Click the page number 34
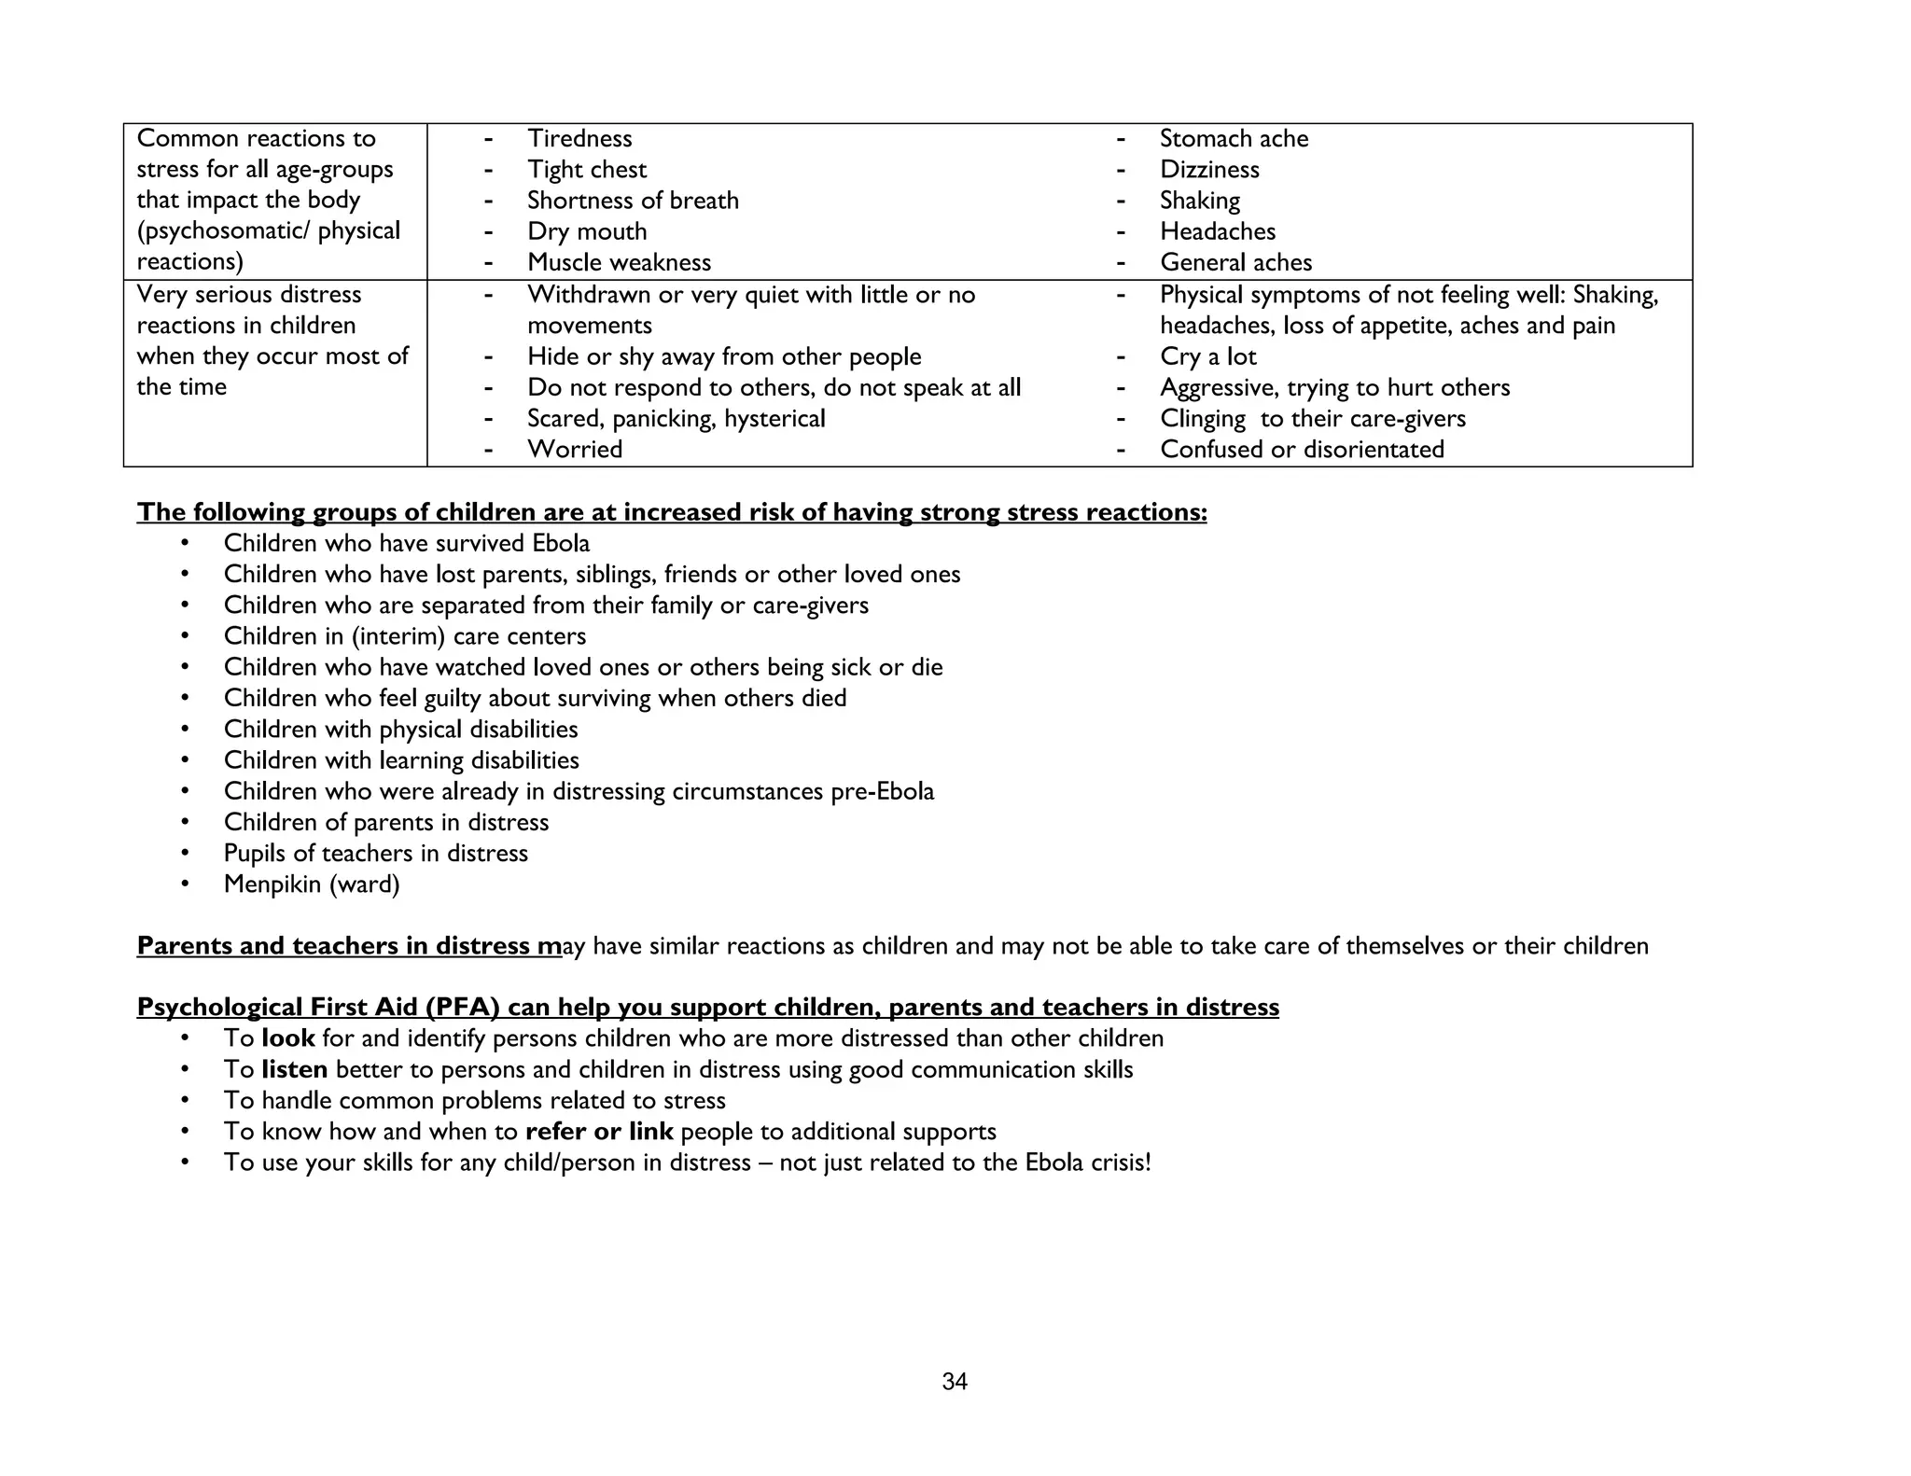(x=955, y=1382)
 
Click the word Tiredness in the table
(x=579, y=139)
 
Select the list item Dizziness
(x=1209, y=170)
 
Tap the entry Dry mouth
(x=587, y=231)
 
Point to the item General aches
(x=1235, y=263)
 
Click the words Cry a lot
(x=1207, y=356)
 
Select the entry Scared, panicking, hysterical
(x=676, y=419)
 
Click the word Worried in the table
(x=575, y=450)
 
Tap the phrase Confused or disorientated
(x=1302, y=450)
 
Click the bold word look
(x=288, y=1038)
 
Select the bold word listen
(x=295, y=1069)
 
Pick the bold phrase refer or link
(x=599, y=1132)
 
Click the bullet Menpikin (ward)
(x=312, y=884)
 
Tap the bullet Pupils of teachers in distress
(x=375, y=854)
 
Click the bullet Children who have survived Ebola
(x=407, y=543)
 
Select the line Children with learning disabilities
(x=401, y=760)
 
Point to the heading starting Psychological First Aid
(x=707, y=1008)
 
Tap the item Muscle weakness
(x=619, y=263)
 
